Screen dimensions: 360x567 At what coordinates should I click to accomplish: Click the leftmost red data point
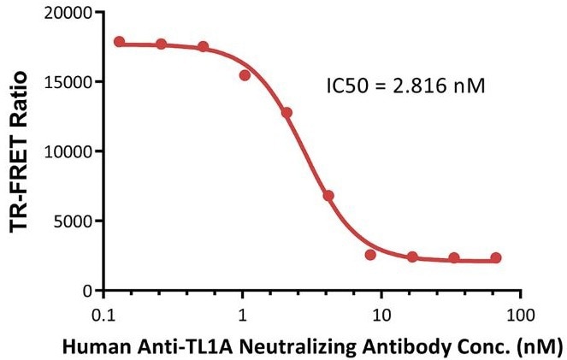coord(119,42)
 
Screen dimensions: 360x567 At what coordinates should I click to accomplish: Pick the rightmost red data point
coord(496,258)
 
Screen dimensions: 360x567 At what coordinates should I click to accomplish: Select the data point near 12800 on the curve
coord(286,113)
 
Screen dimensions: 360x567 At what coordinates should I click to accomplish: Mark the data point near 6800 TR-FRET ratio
coord(328,196)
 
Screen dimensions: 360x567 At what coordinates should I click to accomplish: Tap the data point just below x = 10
coord(370,255)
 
